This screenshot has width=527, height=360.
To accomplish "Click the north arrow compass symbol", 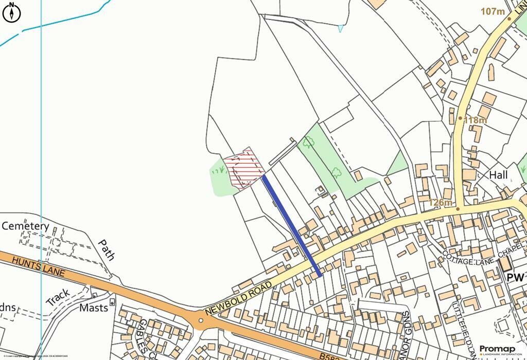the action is coord(11,12).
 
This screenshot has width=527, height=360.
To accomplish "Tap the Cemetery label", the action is coord(26,226).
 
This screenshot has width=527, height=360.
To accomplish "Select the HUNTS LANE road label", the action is coord(38,266).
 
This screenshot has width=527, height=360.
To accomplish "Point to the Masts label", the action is coord(94,308).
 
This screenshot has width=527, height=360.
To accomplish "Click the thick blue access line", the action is coord(291,225).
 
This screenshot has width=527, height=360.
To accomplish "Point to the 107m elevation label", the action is coord(493,11).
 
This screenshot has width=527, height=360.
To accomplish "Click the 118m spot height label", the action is coord(475,120).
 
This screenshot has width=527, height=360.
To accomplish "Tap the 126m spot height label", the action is coord(441,203).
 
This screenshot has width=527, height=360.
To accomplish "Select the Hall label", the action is coord(498,175).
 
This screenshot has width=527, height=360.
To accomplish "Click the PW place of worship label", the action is coord(515,278).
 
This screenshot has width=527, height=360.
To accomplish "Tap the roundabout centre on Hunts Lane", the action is coord(201,320).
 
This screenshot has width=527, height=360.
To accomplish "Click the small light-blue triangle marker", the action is coord(340,29).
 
